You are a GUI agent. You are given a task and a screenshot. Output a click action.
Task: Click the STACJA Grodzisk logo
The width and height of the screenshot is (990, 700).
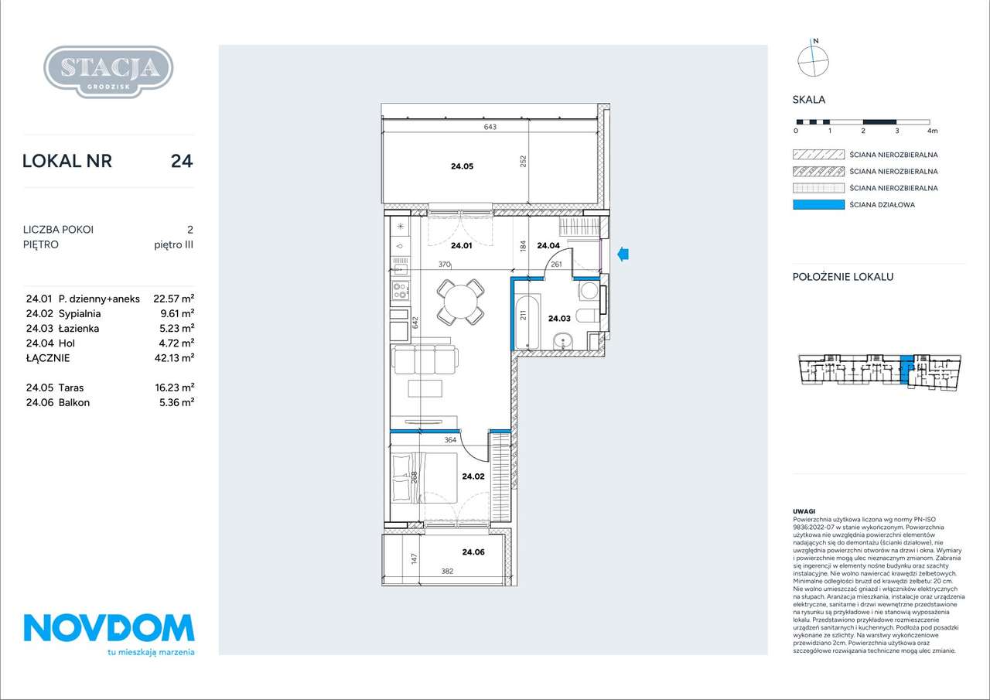tap(108, 72)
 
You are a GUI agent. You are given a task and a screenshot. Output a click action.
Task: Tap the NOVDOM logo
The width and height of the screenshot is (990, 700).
tap(109, 634)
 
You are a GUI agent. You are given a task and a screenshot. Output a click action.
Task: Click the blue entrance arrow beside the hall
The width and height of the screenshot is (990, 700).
tap(623, 254)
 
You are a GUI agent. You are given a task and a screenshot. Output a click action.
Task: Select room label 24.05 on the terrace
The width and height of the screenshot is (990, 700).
tap(462, 166)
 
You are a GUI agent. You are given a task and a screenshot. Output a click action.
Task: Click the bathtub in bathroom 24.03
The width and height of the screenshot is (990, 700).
tap(527, 321)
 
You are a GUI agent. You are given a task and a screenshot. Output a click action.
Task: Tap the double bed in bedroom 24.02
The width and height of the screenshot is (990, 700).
tap(425, 478)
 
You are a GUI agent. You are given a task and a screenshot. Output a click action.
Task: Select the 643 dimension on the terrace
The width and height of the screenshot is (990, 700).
tap(490, 127)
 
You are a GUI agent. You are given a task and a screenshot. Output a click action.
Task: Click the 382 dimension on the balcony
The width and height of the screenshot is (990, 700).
tap(447, 571)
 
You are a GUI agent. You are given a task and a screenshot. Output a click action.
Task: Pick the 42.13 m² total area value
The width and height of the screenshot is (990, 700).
tap(174, 358)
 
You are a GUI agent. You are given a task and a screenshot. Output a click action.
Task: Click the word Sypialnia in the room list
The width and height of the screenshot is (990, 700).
tap(80, 314)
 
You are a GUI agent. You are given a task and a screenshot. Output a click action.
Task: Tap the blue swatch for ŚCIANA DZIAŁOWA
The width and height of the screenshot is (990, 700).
tap(818, 205)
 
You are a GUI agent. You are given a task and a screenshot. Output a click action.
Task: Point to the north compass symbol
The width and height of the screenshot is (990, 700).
tap(813, 59)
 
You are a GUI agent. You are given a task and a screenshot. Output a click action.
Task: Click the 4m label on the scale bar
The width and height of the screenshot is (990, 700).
tap(932, 131)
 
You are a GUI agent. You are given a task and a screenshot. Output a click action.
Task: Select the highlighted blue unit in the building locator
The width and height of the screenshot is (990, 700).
tap(906, 369)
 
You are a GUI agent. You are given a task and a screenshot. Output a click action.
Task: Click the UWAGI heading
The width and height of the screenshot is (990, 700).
tap(804, 511)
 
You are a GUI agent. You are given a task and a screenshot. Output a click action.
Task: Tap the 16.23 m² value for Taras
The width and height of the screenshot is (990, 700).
tap(175, 388)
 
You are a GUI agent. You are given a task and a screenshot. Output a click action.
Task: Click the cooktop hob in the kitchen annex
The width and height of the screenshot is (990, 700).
tap(401, 290)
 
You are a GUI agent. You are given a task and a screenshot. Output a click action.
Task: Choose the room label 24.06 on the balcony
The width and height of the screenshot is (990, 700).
tap(473, 552)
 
